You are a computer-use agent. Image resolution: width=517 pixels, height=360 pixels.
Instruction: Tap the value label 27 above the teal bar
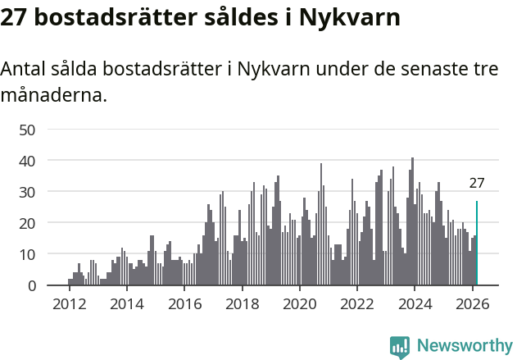(x=477, y=183)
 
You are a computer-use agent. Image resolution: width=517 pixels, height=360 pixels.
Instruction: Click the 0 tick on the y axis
(x=32, y=285)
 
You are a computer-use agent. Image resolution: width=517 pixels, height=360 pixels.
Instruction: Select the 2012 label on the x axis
(x=69, y=303)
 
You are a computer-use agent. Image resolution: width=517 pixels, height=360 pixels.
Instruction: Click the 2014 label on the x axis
(x=126, y=303)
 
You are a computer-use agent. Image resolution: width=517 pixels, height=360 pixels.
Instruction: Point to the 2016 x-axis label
(x=184, y=303)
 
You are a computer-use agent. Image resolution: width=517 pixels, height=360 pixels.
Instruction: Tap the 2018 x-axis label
(x=242, y=303)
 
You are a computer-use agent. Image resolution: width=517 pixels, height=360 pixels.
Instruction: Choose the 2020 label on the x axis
(x=299, y=303)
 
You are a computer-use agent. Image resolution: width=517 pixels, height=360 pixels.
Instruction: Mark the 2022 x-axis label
(x=357, y=303)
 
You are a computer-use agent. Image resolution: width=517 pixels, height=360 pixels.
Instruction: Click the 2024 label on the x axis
(x=415, y=303)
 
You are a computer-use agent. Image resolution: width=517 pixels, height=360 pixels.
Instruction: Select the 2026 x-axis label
(x=472, y=303)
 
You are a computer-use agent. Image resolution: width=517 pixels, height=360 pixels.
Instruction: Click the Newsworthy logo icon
(x=400, y=346)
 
